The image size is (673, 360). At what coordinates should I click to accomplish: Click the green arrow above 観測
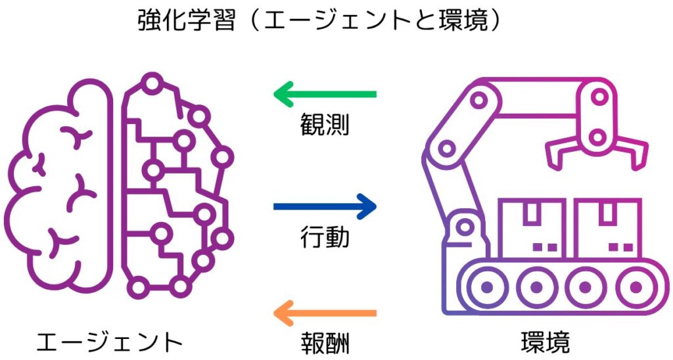[x=325, y=94]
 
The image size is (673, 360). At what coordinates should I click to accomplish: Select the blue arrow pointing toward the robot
[x=325, y=207]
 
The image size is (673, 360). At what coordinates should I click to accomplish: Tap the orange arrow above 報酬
[x=325, y=313]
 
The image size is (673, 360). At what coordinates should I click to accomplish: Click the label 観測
[x=325, y=124]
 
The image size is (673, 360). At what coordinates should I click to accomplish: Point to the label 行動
[x=325, y=237]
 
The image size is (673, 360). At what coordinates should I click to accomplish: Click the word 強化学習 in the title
[x=187, y=20]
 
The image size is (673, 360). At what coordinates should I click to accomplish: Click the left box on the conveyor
[x=532, y=228]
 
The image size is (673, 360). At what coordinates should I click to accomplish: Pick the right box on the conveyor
[x=607, y=228]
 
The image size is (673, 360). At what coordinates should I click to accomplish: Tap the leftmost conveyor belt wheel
[x=487, y=286]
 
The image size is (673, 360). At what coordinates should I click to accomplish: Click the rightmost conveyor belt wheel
[x=636, y=286]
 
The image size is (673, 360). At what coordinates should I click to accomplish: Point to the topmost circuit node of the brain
[x=152, y=84]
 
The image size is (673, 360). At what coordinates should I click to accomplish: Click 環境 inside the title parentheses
[x=463, y=20]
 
